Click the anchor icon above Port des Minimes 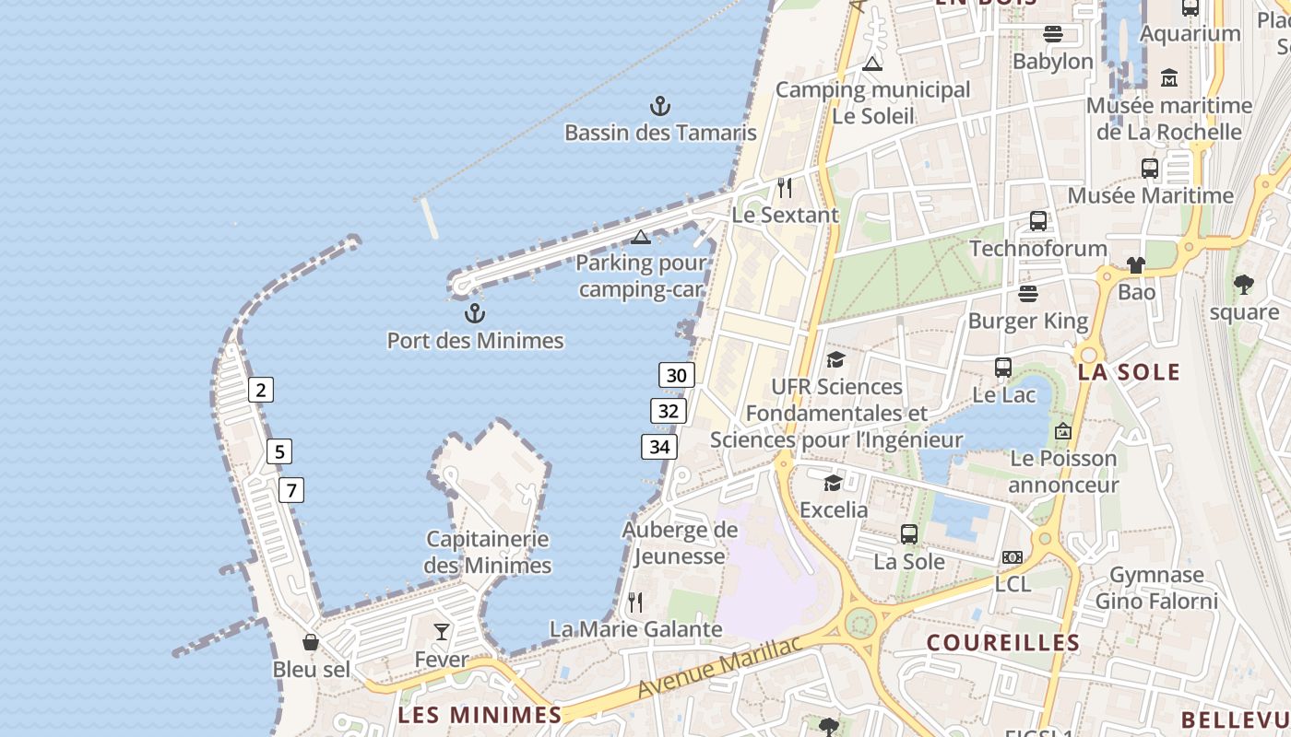click(x=475, y=313)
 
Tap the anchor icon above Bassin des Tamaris click(x=660, y=106)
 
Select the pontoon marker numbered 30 click(x=677, y=375)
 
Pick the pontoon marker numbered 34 click(x=659, y=448)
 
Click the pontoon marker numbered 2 click(x=261, y=390)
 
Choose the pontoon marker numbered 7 click(x=291, y=490)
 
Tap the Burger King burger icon click(x=1028, y=294)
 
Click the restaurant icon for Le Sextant click(x=785, y=188)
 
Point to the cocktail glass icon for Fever click(x=442, y=632)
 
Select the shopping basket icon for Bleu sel click(x=311, y=642)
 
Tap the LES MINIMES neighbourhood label click(x=479, y=715)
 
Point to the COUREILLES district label click(x=1002, y=643)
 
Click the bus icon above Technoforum click(x=1038, y=221)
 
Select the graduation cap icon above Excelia click(x=833, y=483)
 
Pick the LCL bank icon click(x=1013, y=557)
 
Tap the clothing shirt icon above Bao click(x=1136, y=265)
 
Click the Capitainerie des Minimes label click(x=488, y=552)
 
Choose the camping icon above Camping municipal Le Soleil click(x=872, y=64)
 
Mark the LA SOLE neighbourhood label click(x=1129, y=372)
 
